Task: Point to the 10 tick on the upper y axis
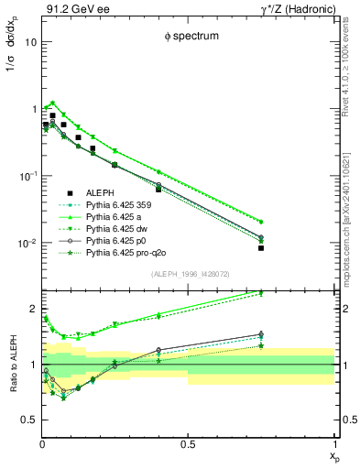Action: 31,42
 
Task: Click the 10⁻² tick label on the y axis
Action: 27,243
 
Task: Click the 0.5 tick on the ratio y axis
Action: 28,420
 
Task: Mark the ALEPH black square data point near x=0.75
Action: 261,248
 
